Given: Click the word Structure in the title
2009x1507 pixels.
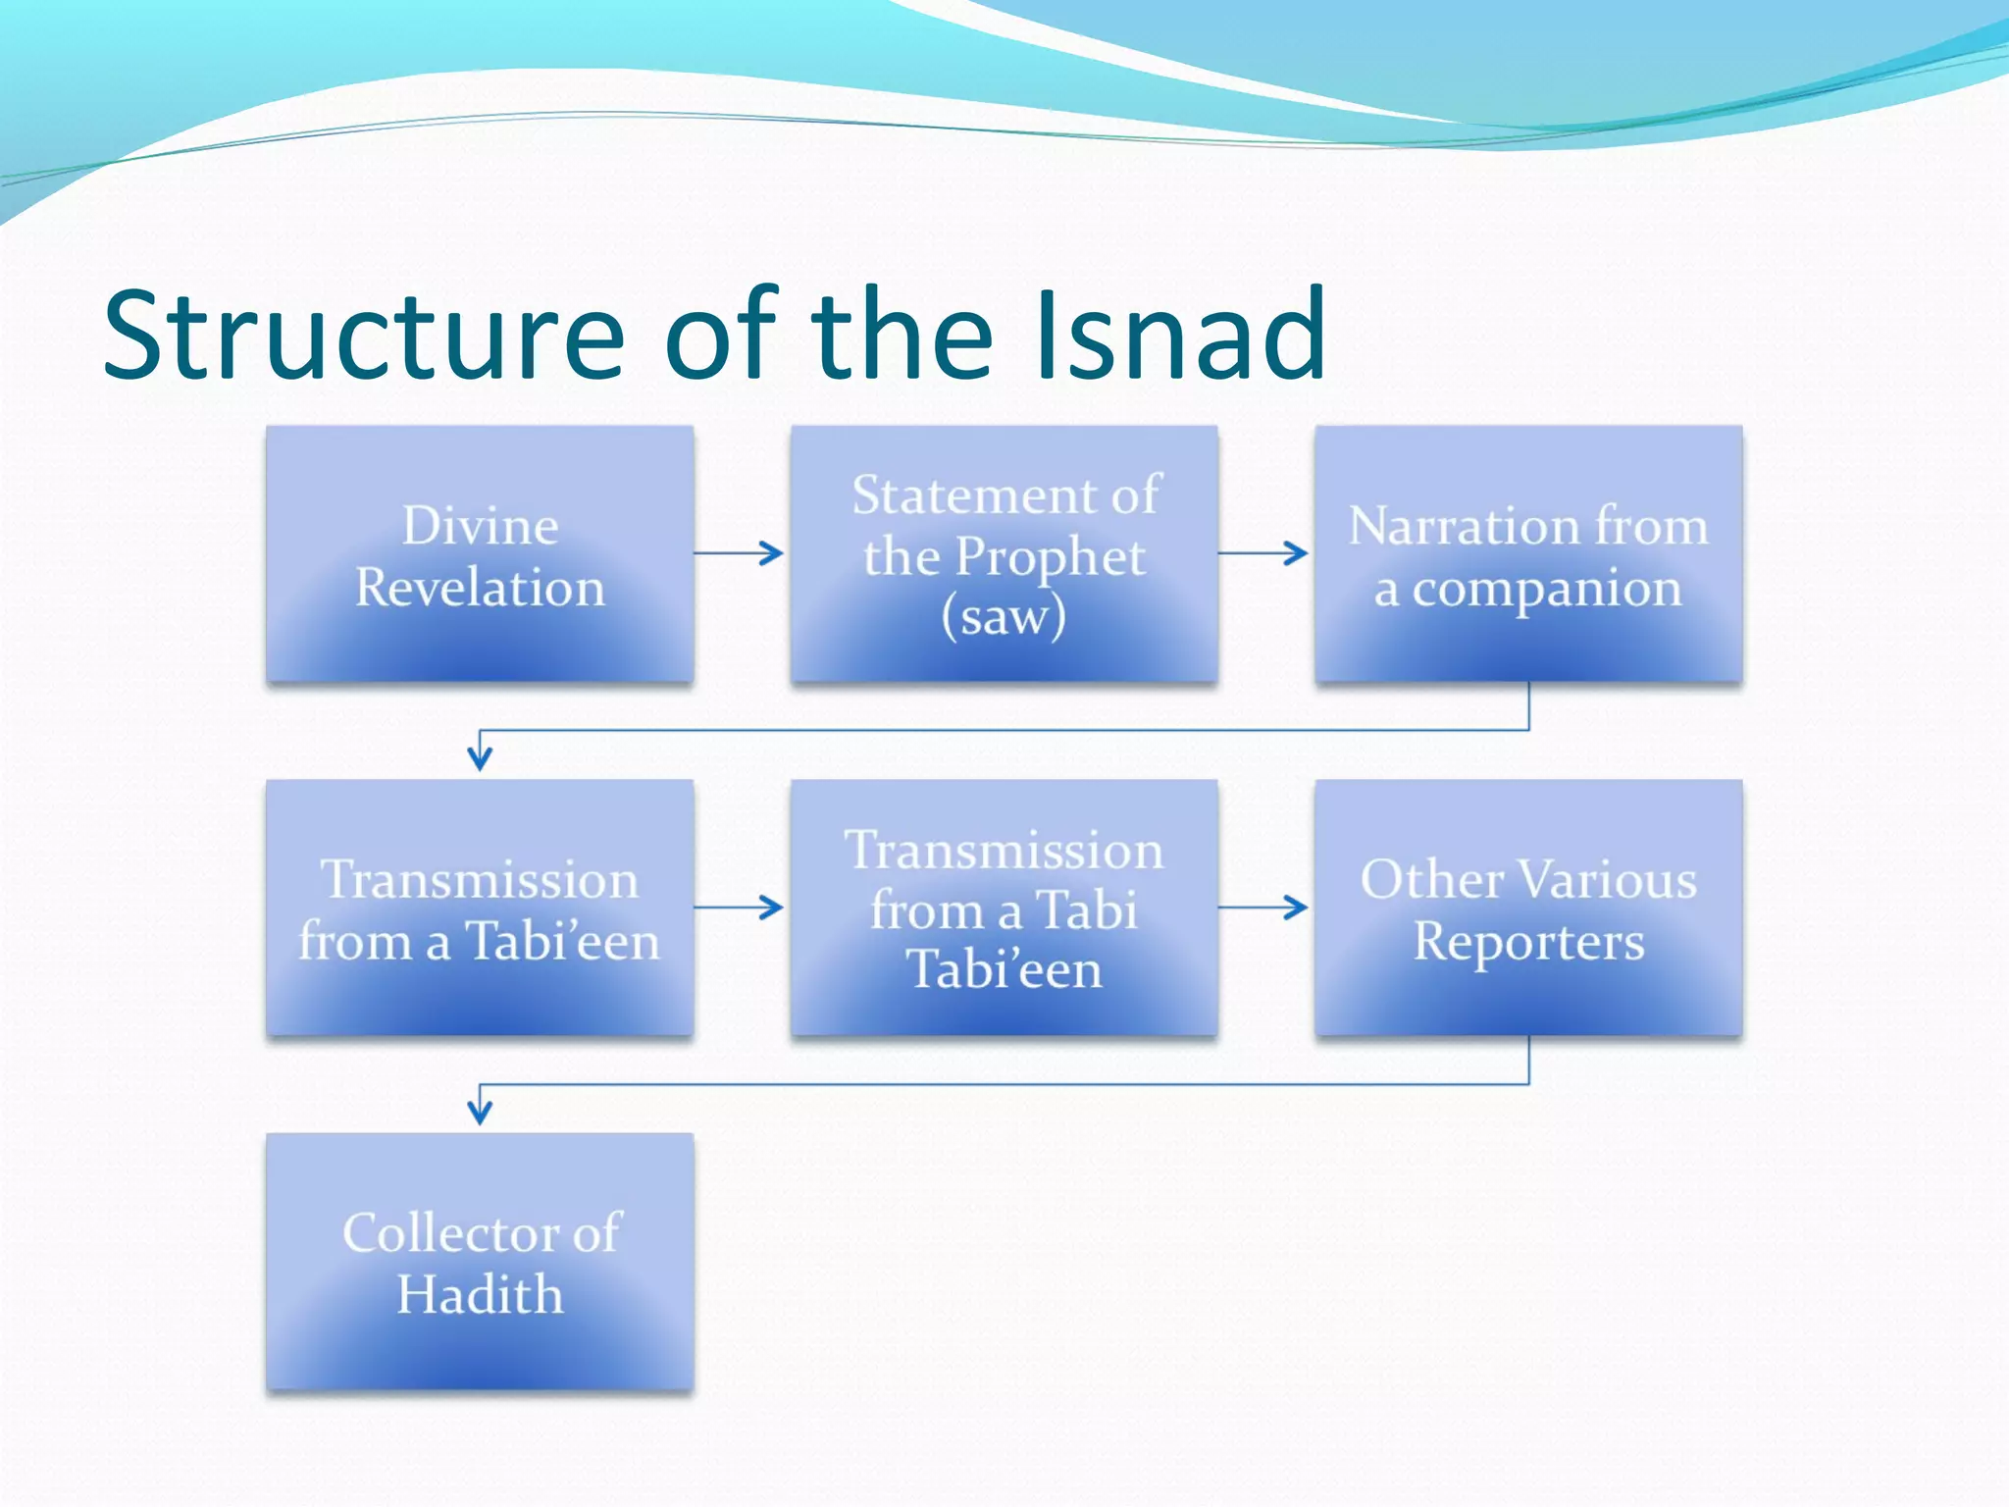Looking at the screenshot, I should click(363, 335).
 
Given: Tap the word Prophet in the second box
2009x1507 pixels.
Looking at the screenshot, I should click(1050, 557).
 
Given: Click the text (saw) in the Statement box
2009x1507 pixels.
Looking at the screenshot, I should click(1004, 617).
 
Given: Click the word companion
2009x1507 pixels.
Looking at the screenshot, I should click(1547, 590).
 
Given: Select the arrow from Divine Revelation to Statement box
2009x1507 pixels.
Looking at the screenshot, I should click(740, 553).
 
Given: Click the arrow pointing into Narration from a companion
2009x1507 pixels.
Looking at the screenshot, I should click(1264, 553).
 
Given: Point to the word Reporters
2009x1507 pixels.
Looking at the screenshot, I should click(1528, 943).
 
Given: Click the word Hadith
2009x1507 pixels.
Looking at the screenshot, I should click(480, 1294).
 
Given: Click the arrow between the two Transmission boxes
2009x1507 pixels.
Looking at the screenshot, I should click(740, 908).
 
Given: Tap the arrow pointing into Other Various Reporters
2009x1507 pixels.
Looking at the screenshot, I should click(1264, 908).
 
